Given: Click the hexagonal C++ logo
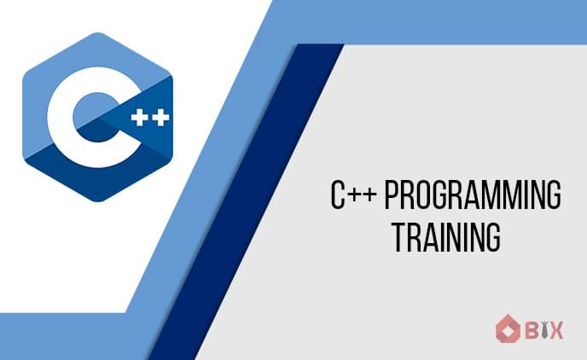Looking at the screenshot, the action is pyautogui.click(x=98, y=117).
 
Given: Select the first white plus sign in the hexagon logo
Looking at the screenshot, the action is pyautogui.click(x=139, y=118).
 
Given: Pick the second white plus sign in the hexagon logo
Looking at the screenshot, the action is pyautogui.click(x=161, y=118).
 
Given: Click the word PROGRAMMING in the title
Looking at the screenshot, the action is pyautogui.click(x=473, y=195).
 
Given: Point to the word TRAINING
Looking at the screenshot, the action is pyautogui.click(x=446, y=237).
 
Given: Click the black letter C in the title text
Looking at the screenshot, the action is pyautogui.click(x=337, y=195).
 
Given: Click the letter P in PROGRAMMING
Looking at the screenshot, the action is pyautogui.click(x=392, y=195).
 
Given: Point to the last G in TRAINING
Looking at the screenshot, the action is pyautogui.click(x=493, y=237).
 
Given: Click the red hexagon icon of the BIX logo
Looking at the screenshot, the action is pyautogui.click(x=508, y=329).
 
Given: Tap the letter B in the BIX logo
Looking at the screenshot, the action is pyautogui.click(x=532, y=330).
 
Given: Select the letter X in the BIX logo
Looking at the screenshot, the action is pyautogui.click(x=556, y=330).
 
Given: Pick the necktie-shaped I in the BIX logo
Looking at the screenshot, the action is pyautogui.click(x=543, y=330).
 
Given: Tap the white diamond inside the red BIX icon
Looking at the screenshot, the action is pyautogui.click(x=508, y=330).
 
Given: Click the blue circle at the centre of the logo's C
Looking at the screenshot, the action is pyautogui.click(x=96, y=117).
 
